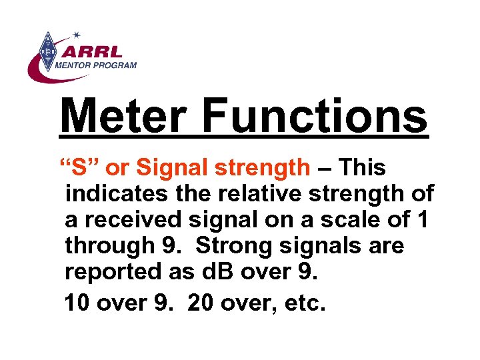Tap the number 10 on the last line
(78, 303)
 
